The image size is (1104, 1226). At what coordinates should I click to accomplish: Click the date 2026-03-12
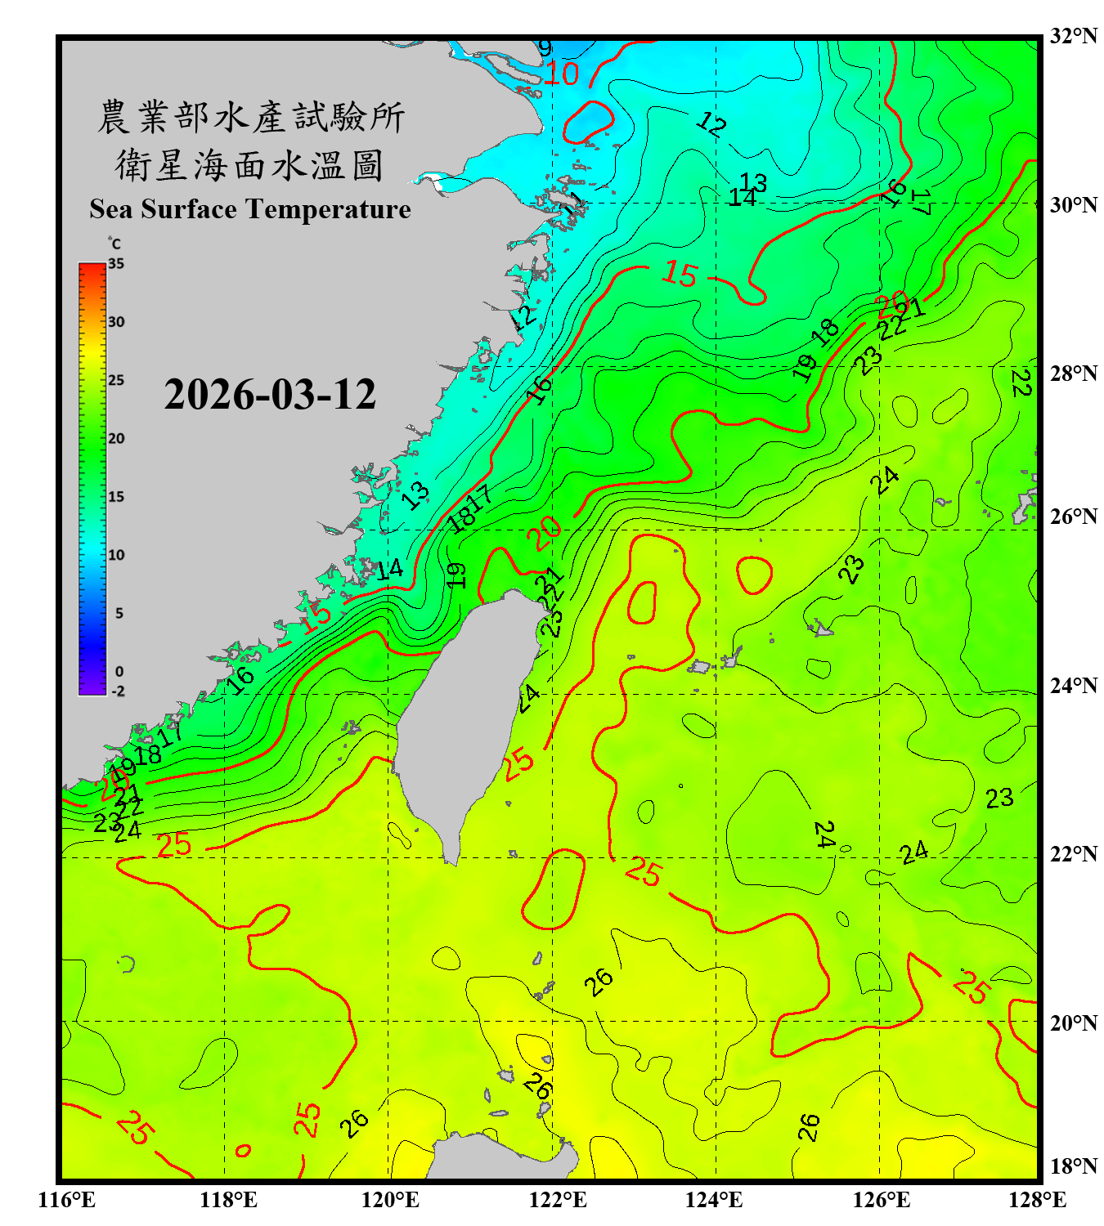tap(270, 395)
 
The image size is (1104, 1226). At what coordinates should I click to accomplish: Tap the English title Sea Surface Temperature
tap(250, 209)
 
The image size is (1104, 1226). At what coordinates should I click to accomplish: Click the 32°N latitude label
tap(1073, 36)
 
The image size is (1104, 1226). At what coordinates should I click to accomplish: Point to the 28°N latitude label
tap(1073, 374)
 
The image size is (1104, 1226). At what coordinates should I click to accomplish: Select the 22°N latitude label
tap(1073, 854)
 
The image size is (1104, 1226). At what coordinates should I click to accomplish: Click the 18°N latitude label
tap(1073, 1166)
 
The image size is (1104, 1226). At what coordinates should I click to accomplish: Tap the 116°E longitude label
tap(67, 1200)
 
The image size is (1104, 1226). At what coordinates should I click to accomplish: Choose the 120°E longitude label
tap(390, 1200)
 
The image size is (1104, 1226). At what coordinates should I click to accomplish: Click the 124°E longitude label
tap(714, 1200)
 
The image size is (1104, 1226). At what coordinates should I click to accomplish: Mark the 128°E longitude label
tap(1037, 1200)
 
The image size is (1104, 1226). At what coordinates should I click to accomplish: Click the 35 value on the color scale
tap(116, 264)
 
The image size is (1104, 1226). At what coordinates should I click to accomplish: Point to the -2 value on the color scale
tap(118, 691)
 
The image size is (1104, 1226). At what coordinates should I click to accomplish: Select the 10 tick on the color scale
tap(116, 555)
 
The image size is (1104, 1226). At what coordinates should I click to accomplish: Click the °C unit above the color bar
tap(114, 244)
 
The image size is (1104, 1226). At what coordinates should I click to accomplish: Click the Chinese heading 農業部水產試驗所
tap(250, 117)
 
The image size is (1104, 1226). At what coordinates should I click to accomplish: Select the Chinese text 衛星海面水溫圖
tap(249, 165)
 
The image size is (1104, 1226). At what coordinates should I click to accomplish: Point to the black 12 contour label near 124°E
tap(711, 124)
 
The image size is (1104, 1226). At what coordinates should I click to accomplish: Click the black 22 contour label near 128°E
tap(1020, 383)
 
